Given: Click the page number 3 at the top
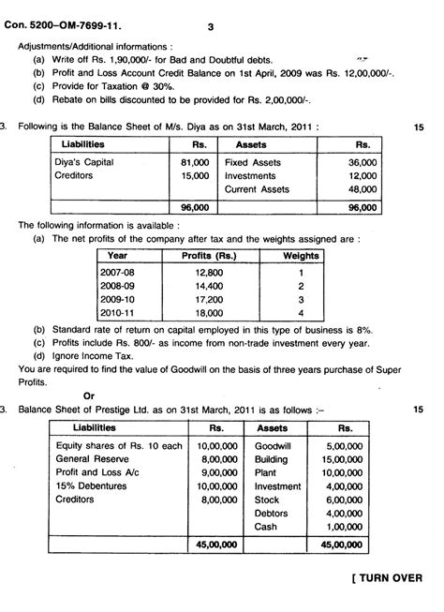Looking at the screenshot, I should (x=212, y=28).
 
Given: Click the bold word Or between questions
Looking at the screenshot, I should (x=89, y=396).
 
